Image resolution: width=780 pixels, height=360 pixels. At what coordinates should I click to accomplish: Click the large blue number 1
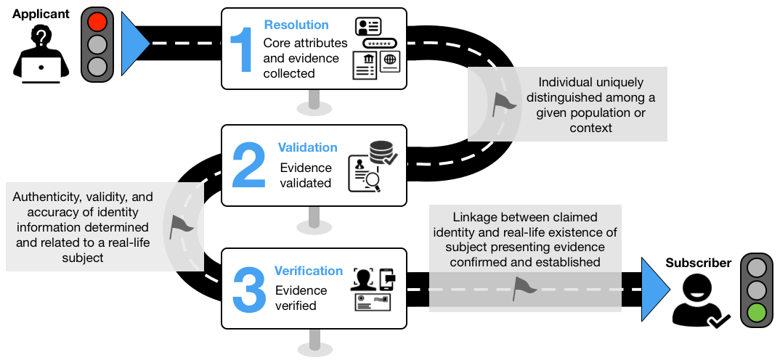(240, 49)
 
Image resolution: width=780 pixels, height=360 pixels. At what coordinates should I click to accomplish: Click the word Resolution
(296, 25)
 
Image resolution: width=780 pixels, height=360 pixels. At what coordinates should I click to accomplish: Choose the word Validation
(307, 147)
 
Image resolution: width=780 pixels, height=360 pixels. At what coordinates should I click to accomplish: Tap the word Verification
(309, 271)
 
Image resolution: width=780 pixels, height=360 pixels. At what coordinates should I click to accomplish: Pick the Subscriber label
(697, 263)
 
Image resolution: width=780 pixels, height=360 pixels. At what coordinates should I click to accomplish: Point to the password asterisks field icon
(379, 44)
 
